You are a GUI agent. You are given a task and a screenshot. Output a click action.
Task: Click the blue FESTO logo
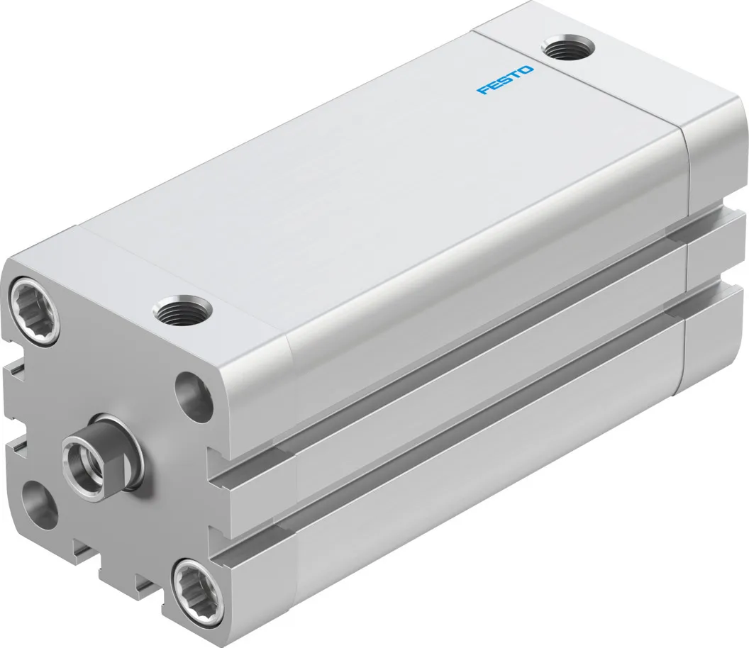[x=505, y=80]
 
